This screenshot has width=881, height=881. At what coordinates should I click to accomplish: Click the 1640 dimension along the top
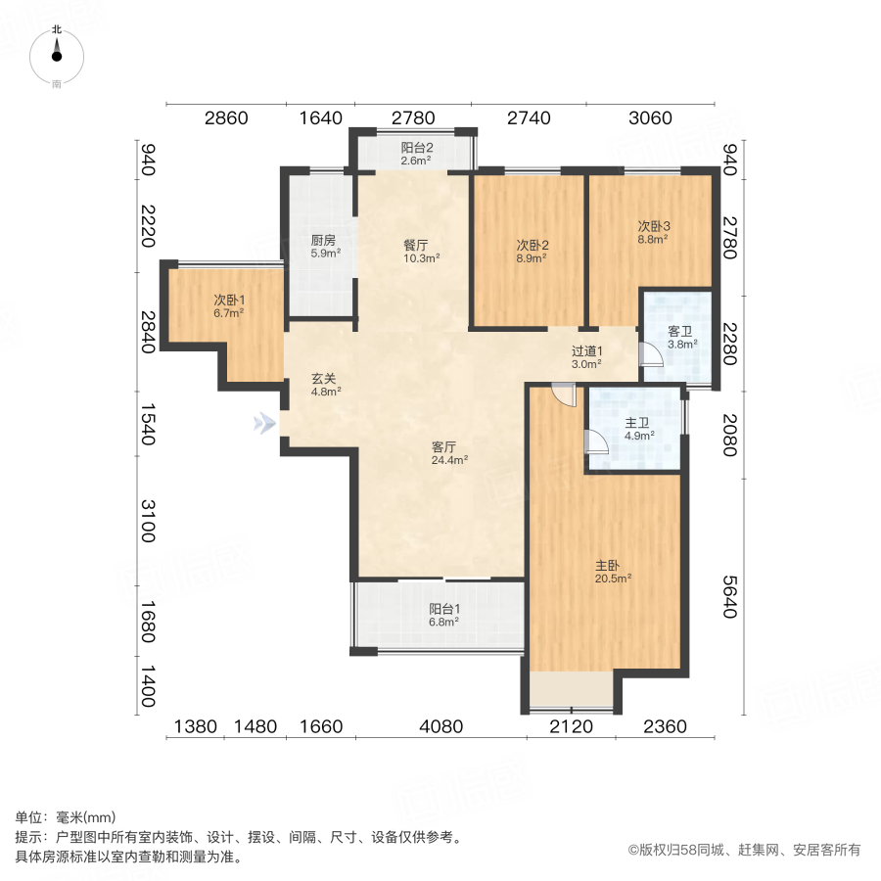(320, 118)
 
